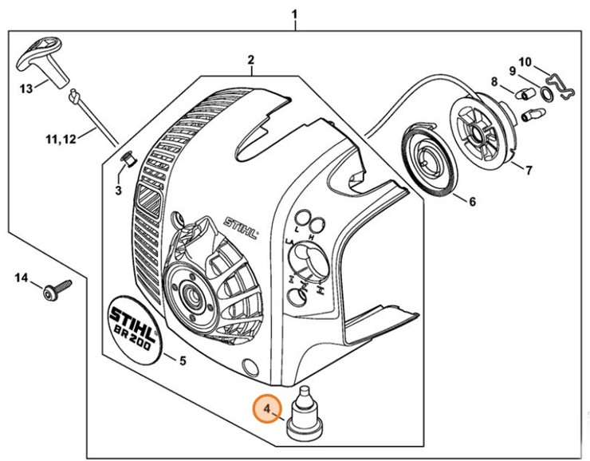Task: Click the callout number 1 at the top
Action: (296, 14)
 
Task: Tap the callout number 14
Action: (22, 277)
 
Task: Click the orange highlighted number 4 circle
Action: (268, 411)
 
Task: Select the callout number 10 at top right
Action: (525, 61)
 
